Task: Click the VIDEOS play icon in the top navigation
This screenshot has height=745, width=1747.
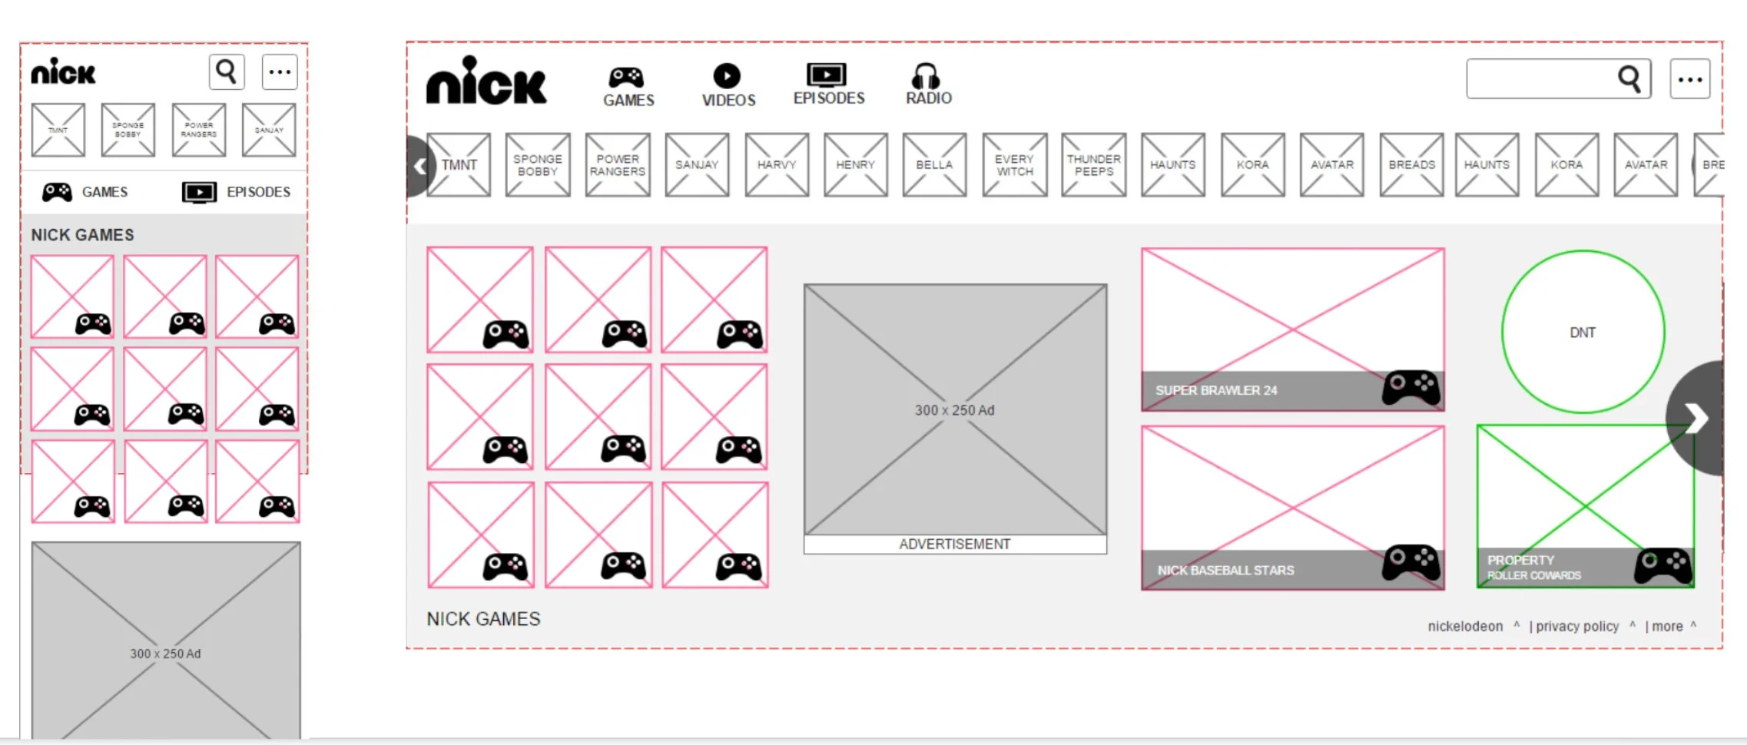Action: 727,75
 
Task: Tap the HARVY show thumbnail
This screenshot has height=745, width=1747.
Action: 776,164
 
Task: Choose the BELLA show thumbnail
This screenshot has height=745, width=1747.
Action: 934,164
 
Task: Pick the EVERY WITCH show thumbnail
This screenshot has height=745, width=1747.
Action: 1014,164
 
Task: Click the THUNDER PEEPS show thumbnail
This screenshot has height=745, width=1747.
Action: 1093,164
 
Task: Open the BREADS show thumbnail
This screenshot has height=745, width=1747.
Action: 1411,164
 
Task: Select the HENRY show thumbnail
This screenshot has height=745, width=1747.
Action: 855,164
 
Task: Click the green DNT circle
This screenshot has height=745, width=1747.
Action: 1583,332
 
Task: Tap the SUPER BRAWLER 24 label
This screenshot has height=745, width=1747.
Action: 1216,390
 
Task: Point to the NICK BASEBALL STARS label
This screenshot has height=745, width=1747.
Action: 1225,570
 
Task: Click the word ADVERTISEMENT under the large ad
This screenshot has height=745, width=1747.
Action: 955,544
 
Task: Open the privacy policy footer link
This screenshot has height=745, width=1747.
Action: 1576,626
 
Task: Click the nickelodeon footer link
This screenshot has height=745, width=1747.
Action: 1465,626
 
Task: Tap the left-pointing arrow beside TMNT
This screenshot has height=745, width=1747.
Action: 419,166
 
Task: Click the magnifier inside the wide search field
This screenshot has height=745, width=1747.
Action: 1629,78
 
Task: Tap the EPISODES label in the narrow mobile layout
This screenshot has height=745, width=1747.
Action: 258,192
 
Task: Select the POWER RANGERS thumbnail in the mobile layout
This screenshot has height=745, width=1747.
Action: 199,130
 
